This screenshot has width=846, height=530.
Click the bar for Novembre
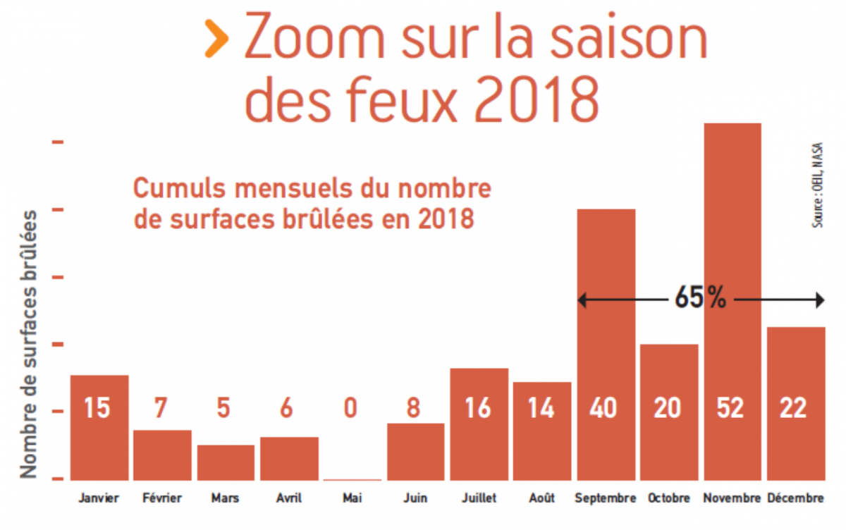(732, 282)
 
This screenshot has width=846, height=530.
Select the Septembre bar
(606, 338)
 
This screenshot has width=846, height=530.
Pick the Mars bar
(226, 462)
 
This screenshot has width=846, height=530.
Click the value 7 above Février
(161, 408)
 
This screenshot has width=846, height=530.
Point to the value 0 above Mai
(351, 408)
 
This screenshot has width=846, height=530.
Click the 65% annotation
(700, 299)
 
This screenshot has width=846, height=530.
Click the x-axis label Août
(541, 498)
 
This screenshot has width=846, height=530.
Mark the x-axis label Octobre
(669, 498)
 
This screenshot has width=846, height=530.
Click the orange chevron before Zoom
(217, 40)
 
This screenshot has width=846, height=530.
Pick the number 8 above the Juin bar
(415, 408)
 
